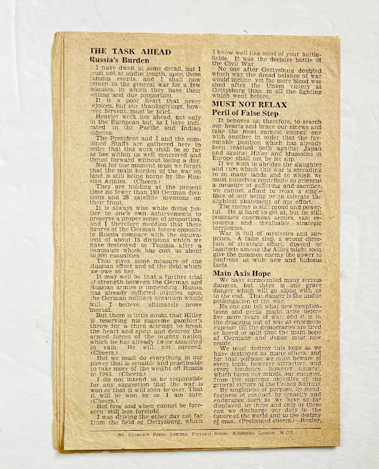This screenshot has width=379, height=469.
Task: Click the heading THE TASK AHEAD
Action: (130, 52)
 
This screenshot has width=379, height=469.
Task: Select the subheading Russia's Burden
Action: (119, 60)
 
